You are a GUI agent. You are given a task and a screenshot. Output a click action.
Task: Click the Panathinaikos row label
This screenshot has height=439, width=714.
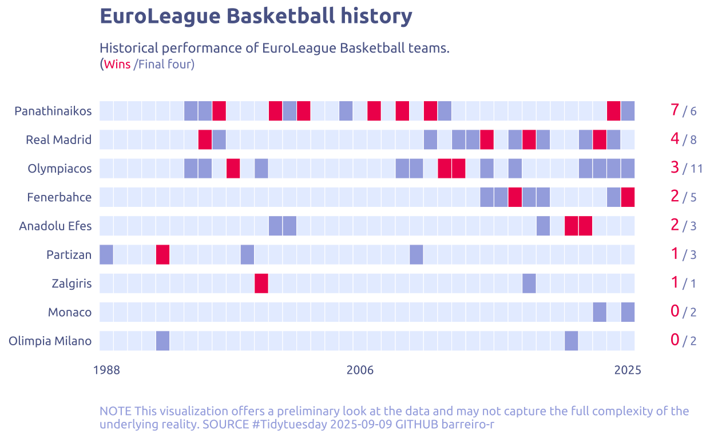point(53,111)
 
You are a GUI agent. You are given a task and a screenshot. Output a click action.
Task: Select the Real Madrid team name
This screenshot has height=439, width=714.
point(58,139)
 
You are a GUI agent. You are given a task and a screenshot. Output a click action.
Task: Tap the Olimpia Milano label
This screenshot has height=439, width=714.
point(50,341)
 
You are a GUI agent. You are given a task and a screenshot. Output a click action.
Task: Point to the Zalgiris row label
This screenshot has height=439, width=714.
point(72,284)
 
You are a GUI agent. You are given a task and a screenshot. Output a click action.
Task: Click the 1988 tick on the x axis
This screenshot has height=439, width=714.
point(106,370)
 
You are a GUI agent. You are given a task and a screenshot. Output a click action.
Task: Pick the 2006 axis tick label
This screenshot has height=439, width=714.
point(360,370)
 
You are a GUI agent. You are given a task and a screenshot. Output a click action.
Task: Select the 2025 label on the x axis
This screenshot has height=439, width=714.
point(628,370)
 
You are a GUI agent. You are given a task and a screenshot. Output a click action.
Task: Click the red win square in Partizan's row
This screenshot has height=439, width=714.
point(162,254)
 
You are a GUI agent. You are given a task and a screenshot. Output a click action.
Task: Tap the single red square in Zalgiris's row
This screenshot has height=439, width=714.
point(261,283)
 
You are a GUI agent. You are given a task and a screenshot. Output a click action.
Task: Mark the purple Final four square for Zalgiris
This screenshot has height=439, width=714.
point(529,283)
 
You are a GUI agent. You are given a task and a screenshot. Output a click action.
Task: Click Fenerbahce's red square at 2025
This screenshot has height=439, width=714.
point(628,197)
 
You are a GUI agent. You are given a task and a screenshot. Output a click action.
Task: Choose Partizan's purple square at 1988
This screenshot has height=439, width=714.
point(106,254)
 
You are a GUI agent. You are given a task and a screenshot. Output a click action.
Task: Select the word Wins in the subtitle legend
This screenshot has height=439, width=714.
point(117,65)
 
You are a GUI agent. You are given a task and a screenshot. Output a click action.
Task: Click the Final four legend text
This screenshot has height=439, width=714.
point(166,65)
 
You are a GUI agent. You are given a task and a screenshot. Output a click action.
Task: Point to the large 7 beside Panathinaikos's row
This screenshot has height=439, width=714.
point(675,110)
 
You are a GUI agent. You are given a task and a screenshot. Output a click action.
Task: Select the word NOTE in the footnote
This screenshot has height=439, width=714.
point(116,411)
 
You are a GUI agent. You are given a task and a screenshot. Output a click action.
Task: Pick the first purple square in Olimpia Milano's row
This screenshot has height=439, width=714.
point(162,341)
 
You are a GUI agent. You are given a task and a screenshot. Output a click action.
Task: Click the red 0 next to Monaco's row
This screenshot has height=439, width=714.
point(675,311)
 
